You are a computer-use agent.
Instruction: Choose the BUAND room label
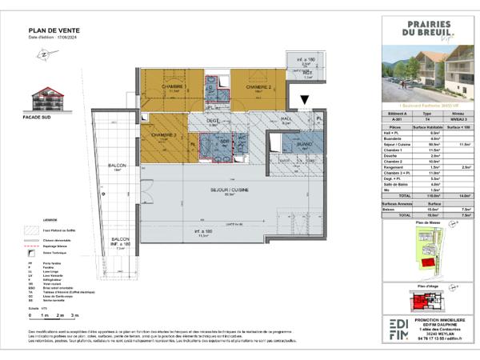[294, 146]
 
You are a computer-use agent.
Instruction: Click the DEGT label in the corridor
[213, 122]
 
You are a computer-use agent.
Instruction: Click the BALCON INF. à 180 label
[120, 242]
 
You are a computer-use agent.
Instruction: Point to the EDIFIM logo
[398, 327]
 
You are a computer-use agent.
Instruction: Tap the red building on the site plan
[429, 262]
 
